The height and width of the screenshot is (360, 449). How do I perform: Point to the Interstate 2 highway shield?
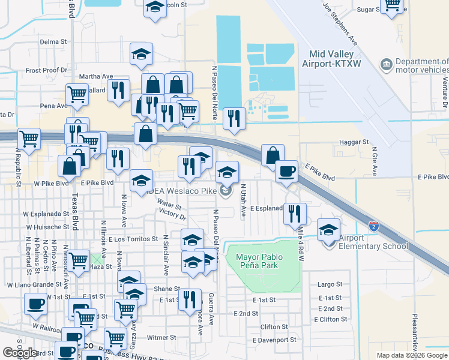(374, 226)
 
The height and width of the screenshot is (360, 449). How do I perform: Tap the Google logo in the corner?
(20, 353)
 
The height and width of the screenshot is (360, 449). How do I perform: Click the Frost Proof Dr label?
(46, 70)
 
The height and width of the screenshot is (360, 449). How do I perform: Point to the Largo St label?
(330, 284)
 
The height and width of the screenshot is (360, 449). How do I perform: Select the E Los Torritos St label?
(133, 239)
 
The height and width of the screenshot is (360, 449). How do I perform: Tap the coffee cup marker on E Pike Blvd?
(286, 171)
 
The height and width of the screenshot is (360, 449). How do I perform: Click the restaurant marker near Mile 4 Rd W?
(295, 212)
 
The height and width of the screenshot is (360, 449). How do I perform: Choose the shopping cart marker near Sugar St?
(392, 5)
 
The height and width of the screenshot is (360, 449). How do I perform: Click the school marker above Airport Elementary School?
(328, 229)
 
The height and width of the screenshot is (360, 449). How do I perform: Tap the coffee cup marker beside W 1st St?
(35, 303)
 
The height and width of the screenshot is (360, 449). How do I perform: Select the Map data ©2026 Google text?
(412, 355)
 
